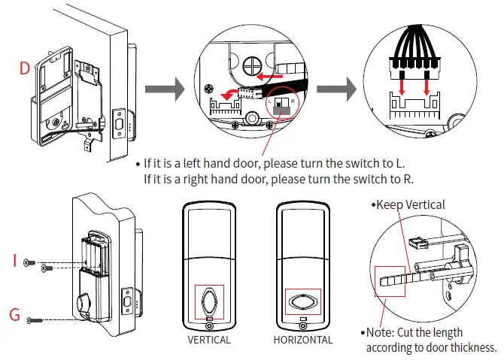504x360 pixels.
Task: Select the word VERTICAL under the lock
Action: [210, 340]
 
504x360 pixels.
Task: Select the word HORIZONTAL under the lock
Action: [304, 340]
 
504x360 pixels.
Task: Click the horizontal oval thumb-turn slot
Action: [303, 303]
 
